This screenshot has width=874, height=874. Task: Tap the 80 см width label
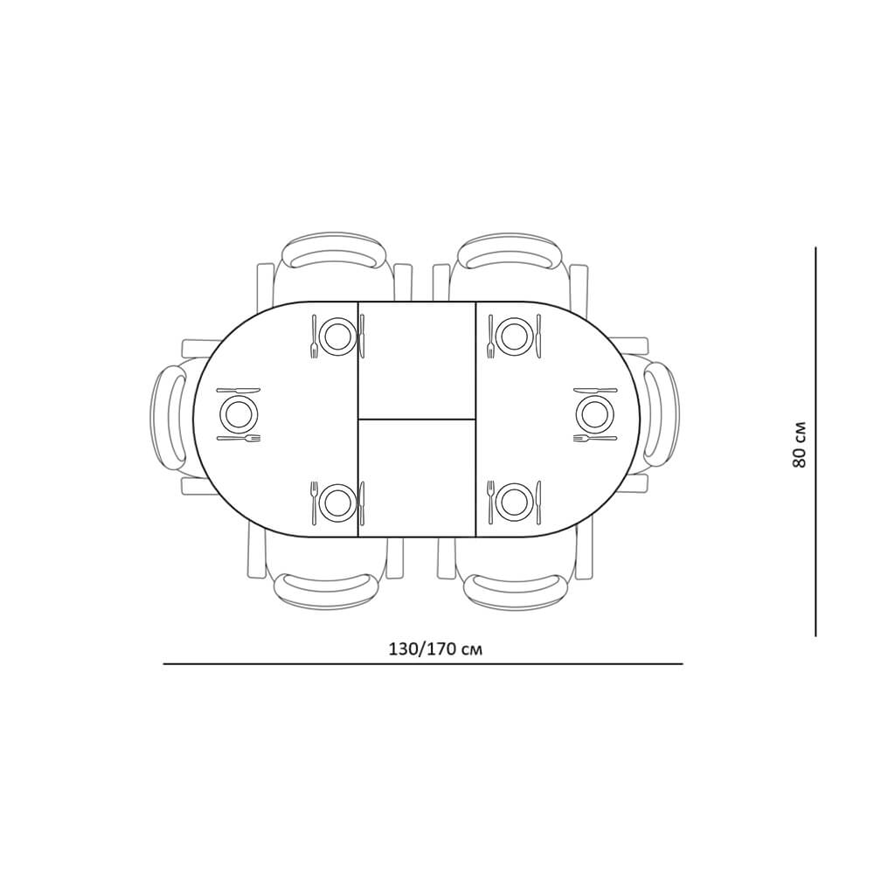click(798, 444)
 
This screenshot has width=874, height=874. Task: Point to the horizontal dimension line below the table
click(423, 664)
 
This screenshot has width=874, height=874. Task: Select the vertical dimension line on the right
click(815, 440)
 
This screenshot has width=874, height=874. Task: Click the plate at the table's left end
click(239, 413)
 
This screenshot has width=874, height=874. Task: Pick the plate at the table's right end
click(594, 413)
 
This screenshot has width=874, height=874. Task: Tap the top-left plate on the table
click(337, 336)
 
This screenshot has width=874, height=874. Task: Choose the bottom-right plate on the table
click(514, 503)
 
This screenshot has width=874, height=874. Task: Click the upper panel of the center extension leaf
click(416, 360)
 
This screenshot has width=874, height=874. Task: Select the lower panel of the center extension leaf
click(416, 478)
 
